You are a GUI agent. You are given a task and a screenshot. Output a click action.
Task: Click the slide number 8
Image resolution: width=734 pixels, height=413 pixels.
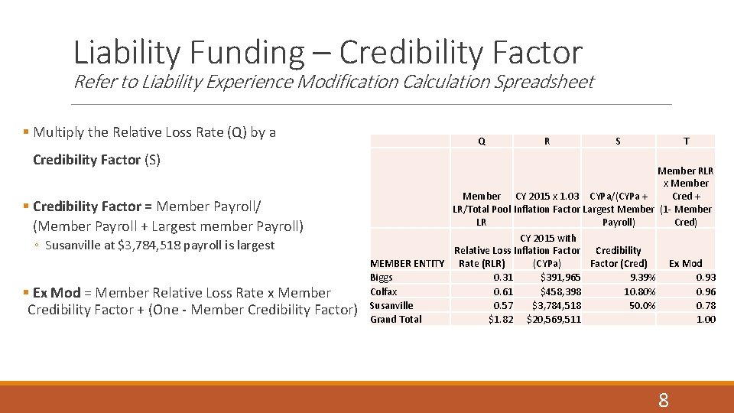663,399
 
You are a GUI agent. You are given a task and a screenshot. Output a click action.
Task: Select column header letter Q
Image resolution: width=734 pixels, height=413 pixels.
481,141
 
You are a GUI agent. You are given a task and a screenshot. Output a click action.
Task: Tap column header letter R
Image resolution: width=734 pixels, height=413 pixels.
547,141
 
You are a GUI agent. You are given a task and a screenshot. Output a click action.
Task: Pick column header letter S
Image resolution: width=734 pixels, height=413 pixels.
618,141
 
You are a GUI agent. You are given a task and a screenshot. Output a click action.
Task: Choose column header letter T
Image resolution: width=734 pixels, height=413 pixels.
686,141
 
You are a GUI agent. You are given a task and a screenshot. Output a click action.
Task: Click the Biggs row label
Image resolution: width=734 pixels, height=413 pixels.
382,278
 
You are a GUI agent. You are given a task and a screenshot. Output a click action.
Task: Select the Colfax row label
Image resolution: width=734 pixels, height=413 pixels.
384,291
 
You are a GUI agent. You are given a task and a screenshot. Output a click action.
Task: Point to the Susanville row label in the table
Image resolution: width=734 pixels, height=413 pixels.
391,305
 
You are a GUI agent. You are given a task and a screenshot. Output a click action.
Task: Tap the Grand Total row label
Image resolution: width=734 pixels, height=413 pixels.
395,319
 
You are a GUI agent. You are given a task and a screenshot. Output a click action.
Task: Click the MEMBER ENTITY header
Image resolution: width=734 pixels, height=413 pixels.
407,264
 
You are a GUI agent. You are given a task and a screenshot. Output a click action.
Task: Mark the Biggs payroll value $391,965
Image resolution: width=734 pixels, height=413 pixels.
560,278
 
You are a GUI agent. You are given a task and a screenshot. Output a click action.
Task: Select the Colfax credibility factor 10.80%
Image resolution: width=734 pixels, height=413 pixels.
639,291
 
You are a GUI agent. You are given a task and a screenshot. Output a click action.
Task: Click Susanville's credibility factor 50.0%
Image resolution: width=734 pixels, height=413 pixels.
641,305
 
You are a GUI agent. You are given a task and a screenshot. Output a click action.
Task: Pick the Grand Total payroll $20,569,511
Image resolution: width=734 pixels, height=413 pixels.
554,319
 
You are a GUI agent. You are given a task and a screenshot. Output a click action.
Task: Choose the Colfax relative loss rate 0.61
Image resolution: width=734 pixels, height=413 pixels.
503,291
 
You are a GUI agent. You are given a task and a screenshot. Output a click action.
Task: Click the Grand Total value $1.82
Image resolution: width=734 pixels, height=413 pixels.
501,319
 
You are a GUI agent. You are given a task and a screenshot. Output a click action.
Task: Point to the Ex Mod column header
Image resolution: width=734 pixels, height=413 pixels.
685,264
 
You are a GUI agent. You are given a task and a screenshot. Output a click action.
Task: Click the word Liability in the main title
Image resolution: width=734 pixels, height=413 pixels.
127,52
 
